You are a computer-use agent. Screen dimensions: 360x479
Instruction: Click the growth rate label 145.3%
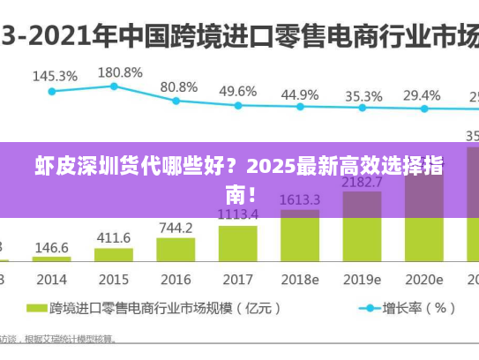(55, 76)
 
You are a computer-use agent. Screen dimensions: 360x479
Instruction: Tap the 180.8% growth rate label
(119, 71)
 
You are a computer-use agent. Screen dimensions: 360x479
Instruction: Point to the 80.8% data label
(179, 86)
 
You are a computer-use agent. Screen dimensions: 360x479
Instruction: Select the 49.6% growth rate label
(238, 91)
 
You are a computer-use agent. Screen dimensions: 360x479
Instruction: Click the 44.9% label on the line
(300, 94)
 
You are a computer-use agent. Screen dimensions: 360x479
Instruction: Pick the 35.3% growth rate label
(363, 95)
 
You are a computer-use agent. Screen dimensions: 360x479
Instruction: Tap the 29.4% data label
(422, 95)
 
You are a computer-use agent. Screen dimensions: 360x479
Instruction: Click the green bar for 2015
(114, 255)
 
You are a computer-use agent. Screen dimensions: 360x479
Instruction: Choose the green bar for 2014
(52, 259)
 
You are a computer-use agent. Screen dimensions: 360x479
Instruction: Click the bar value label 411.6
(114, 238)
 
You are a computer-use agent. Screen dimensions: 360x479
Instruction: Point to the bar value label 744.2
(176, 228)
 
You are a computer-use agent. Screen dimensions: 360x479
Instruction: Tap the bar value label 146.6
(52, 248)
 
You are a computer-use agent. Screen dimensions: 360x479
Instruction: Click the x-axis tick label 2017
(237, 280)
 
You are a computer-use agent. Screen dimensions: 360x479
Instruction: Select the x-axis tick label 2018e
(300, 280)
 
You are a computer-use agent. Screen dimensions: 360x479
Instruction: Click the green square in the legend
(35, 310)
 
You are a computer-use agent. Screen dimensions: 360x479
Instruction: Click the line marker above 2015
(114, 86)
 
